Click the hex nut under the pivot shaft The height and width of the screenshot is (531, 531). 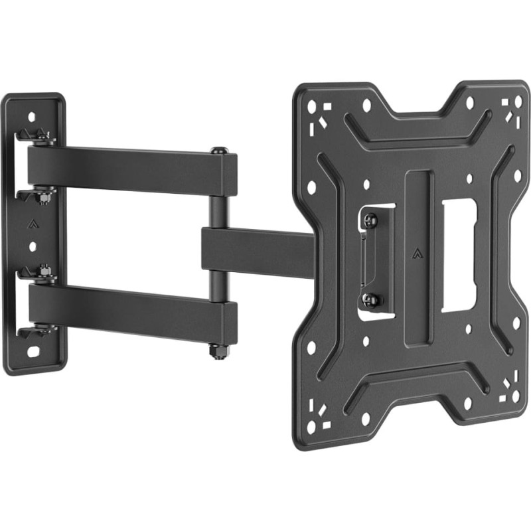(218, 349)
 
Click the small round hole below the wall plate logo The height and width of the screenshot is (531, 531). (33, 246)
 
